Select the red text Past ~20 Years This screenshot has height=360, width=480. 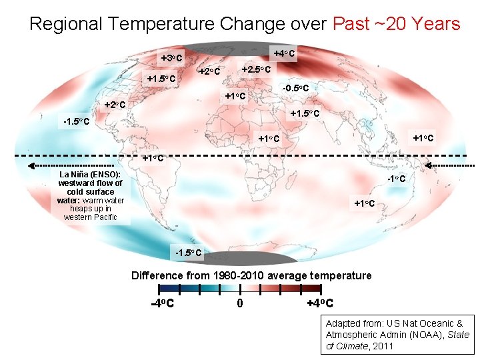pos(396,25)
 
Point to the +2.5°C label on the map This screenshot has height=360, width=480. pos(255,69)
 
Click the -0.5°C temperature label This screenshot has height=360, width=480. pos(295,88)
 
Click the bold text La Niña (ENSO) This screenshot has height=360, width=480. pos(89,174)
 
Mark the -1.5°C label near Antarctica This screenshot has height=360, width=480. pos(187,253)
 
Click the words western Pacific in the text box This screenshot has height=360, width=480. pos(90,217)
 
